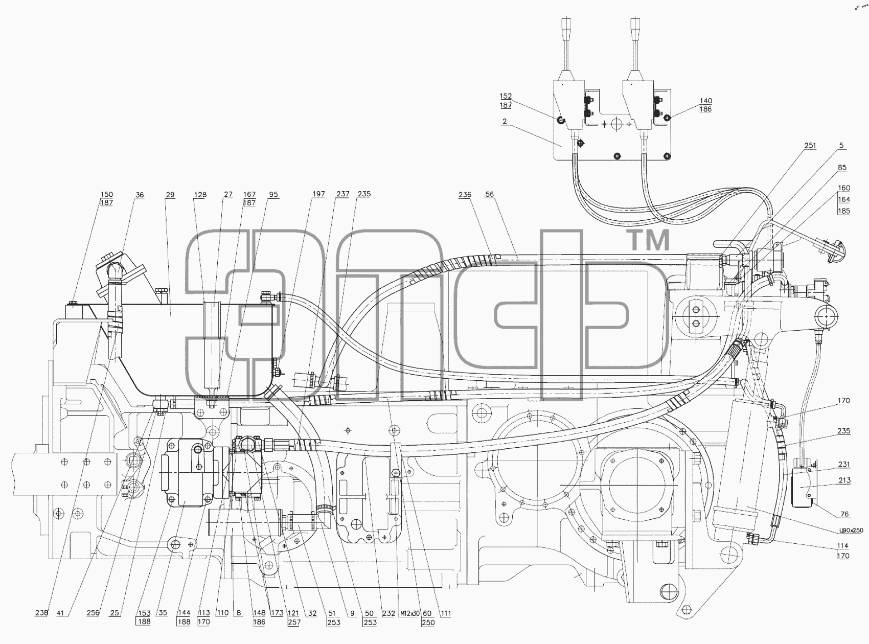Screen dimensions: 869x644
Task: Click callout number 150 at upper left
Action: (107, 194)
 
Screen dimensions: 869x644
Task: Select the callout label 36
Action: (140, 194)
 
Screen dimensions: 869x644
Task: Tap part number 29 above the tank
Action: (170, 194)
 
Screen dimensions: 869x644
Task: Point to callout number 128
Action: (200, 194)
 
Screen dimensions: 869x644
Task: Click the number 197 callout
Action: (318, 194)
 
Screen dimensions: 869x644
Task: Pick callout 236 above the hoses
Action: (465, 195)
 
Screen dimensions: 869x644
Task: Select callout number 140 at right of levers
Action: (705, 101)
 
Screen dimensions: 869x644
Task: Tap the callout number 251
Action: (810, 146)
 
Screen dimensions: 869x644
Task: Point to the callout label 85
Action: (842, 168)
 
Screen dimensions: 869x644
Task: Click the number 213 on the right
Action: (844, 480)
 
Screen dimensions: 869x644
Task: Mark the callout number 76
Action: (844, 514)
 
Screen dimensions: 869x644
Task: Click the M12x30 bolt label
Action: (409, 613)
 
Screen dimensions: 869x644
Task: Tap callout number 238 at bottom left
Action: (41, 613)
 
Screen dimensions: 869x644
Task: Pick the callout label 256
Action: (93, 613)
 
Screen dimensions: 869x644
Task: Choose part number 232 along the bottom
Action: (388, 613)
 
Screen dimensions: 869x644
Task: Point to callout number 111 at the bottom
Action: (445, 613)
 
